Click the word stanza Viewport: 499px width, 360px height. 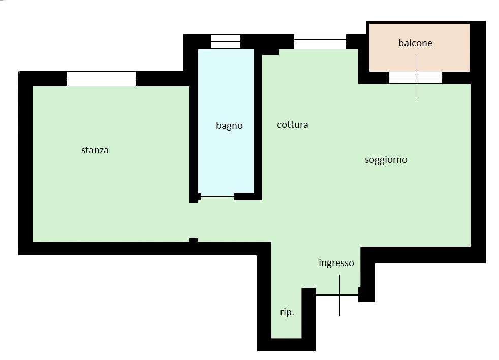95,150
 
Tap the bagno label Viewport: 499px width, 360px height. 229,126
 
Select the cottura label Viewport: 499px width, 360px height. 293,125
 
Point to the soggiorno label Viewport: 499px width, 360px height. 386,160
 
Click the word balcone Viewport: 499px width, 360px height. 415,43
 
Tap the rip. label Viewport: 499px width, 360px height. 287,312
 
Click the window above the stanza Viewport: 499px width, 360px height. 101,79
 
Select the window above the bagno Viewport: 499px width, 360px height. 226,41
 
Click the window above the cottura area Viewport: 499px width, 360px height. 320,42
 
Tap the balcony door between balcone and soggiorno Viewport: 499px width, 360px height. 416,78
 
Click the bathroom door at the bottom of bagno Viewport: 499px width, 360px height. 217,197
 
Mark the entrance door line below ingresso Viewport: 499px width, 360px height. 337,295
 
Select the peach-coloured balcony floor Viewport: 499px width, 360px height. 419,48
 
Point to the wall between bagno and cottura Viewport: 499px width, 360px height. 258,124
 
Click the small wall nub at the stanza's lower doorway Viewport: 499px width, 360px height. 194,240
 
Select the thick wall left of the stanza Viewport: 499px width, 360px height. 25,163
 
